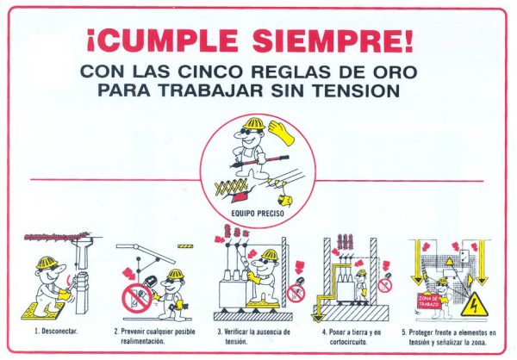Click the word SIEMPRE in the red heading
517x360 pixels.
tap(333, 41)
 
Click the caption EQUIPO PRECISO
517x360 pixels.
tap(258, 214)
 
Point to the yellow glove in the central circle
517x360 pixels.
tap(282, 133)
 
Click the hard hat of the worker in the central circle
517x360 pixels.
tap(254, 123)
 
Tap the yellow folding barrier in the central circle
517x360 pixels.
tap(231, 188)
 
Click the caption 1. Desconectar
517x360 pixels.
tap(56, 331)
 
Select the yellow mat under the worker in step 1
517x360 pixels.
tap(43, 311)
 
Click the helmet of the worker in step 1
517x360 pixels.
tap(47, 263)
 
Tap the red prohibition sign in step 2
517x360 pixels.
tap(137, 299)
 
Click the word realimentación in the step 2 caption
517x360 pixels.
tap(143, 341)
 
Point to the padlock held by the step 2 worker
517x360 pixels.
tap(150, 282)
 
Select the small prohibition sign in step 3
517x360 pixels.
tap(296, 293)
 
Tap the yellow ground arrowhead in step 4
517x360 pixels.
tap(318, 318)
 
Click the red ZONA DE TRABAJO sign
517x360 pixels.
tap(429, 301)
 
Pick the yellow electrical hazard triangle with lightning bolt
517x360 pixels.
tap(474, 305)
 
